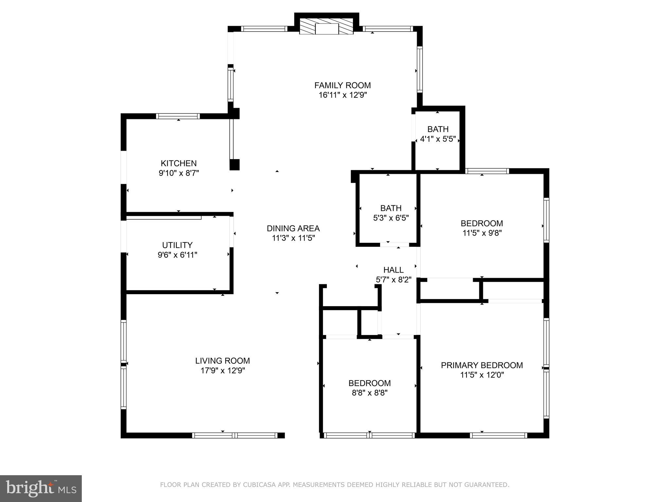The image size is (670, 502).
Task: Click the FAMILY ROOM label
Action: pos(342,85)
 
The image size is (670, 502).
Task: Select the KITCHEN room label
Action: pos(179,163)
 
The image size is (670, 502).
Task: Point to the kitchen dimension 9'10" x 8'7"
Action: pos(179,173)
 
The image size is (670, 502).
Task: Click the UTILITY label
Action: pos(177,245)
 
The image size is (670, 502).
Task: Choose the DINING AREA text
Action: pos(293,228)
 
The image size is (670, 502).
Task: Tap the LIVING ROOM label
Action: pos(222,360)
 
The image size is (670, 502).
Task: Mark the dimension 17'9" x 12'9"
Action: pos(222,370)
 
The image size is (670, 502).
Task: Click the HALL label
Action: pos(393,270)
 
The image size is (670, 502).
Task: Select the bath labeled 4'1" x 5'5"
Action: pos(438,139)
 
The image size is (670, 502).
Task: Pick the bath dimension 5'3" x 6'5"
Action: pos(391,218)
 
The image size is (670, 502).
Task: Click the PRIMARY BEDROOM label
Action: pos(482,365)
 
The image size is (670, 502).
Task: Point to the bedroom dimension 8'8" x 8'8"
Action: pos(369,393)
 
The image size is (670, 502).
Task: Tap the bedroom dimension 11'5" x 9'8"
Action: pos(482,233)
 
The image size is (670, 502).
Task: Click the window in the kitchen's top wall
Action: pos(178,116)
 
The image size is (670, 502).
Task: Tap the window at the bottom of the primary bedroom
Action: pos(498,435)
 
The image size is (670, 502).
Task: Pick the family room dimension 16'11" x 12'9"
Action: pos(342,95)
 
